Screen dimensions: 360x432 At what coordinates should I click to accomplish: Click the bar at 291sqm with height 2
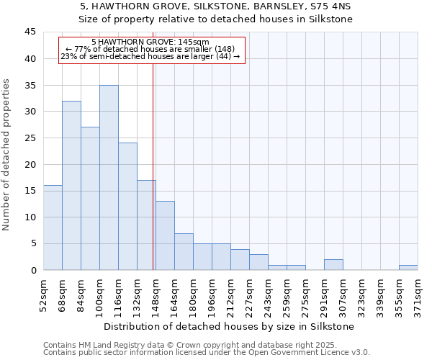pos(333,265)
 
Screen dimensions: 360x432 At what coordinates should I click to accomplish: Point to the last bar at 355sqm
pos(408,267)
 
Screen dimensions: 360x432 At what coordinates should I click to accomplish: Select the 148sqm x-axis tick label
pos(156,295)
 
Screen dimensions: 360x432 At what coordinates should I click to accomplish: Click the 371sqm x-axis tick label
pos(418,295)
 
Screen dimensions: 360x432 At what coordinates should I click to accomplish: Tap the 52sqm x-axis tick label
pos(43,295)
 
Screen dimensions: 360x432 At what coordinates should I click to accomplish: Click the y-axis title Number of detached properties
pos(7,155)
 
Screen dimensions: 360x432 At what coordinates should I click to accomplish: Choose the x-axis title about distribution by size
pos(230,327)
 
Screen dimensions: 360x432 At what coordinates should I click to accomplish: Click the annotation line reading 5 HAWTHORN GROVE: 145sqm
pos(151,42)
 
